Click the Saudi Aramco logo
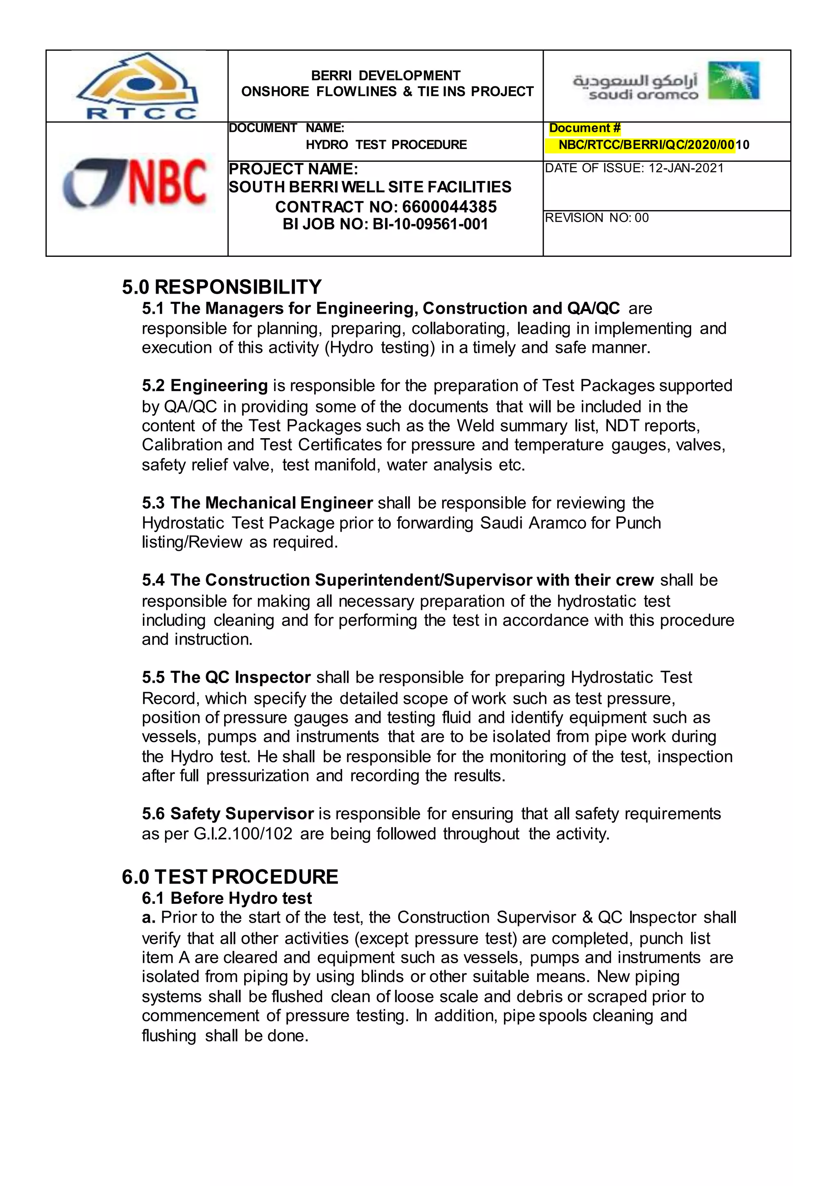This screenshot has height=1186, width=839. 666,81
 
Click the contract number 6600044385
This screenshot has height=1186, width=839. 449,207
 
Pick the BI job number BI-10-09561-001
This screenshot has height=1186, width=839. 430,224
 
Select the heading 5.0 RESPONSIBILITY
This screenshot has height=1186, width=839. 222,287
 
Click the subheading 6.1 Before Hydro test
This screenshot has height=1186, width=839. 227,898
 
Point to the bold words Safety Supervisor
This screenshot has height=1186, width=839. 242,814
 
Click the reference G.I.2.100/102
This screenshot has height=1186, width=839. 243,834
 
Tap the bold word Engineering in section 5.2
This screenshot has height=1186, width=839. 219,386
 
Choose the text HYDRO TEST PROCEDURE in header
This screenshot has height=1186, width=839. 386,145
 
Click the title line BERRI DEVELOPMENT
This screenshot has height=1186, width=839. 385,76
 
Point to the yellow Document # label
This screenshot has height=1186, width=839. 584,128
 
